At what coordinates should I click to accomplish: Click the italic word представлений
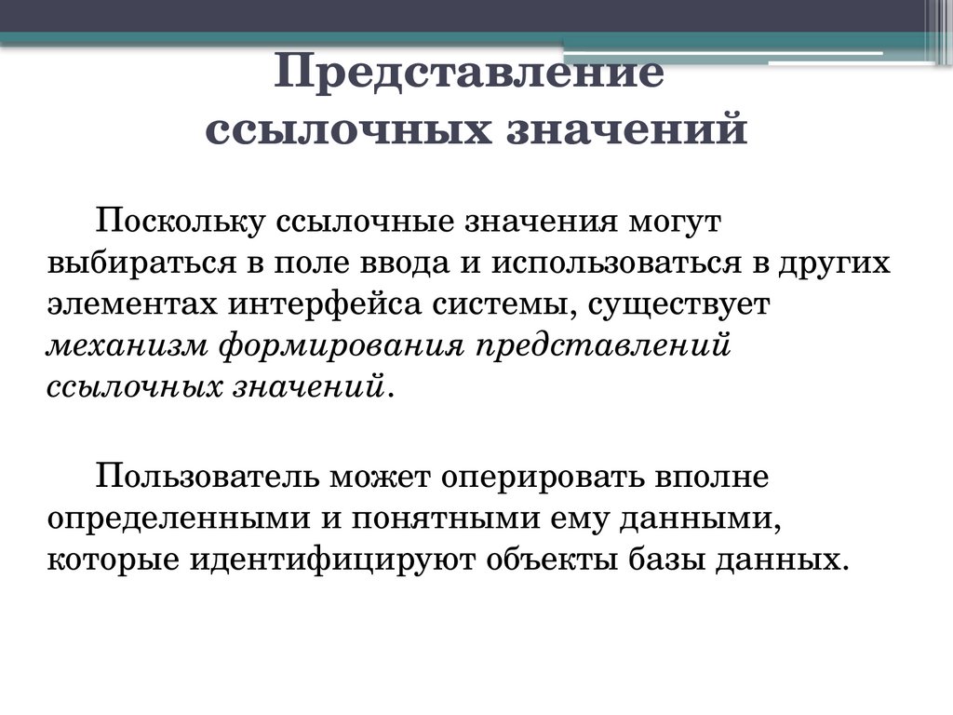[600, 345]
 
